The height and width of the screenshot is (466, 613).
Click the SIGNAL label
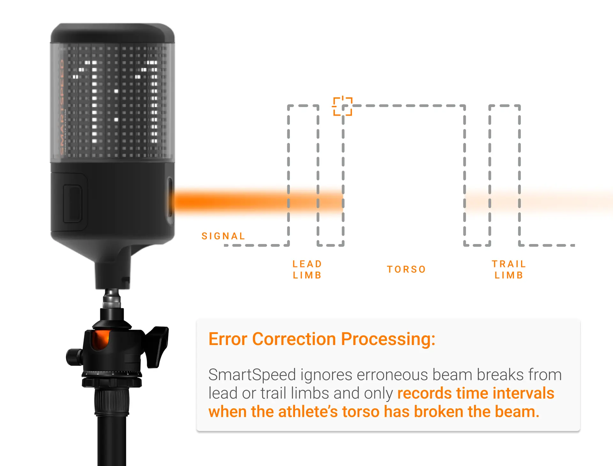[x=223, y=236]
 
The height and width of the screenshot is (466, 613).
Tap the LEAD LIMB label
[x=307, y=270]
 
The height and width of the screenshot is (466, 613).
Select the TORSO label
[x=406, y=269]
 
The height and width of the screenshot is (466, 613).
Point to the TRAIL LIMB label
[x=509, y=270]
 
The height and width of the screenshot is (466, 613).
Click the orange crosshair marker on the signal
[x=343, y=106]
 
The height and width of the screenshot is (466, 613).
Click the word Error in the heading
[x=228, y=339]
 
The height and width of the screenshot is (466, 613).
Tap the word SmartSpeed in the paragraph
[x=252, y=375]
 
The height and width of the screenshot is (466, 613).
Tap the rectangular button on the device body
[x=73, y=203]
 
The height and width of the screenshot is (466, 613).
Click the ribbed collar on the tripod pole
[x=112, y=401]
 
